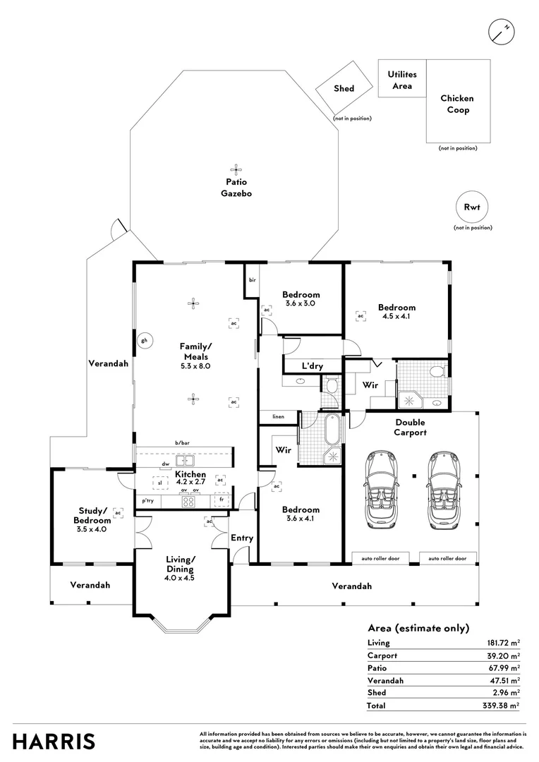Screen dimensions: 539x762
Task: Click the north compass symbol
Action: pos(501,32)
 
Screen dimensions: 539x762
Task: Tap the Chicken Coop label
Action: pos(457,104)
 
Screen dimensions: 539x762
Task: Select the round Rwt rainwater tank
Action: pos(472,207)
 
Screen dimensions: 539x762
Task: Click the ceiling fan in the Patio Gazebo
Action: pos(236,169)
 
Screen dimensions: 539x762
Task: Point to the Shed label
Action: pos(344,88)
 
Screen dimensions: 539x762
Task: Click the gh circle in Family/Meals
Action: pos(144,341)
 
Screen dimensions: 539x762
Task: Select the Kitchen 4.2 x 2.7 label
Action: pos(190,478)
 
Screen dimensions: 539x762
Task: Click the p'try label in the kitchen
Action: pos(147,500)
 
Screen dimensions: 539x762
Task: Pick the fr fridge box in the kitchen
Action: pos(222,500)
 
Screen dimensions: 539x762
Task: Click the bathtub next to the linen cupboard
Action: pos(334,429)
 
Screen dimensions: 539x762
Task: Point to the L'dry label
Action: pos(313,366)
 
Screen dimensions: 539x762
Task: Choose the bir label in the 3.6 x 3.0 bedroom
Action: pos(253,280)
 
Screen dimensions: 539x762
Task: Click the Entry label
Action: pos(242,538)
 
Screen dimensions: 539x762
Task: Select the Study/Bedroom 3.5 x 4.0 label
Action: pos(92,520)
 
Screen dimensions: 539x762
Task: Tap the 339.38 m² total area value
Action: pos(504,706)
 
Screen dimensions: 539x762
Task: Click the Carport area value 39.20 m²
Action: pos(504,655)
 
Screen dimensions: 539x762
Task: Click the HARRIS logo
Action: pos(54,742)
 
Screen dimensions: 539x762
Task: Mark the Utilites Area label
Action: pos(402,80)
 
